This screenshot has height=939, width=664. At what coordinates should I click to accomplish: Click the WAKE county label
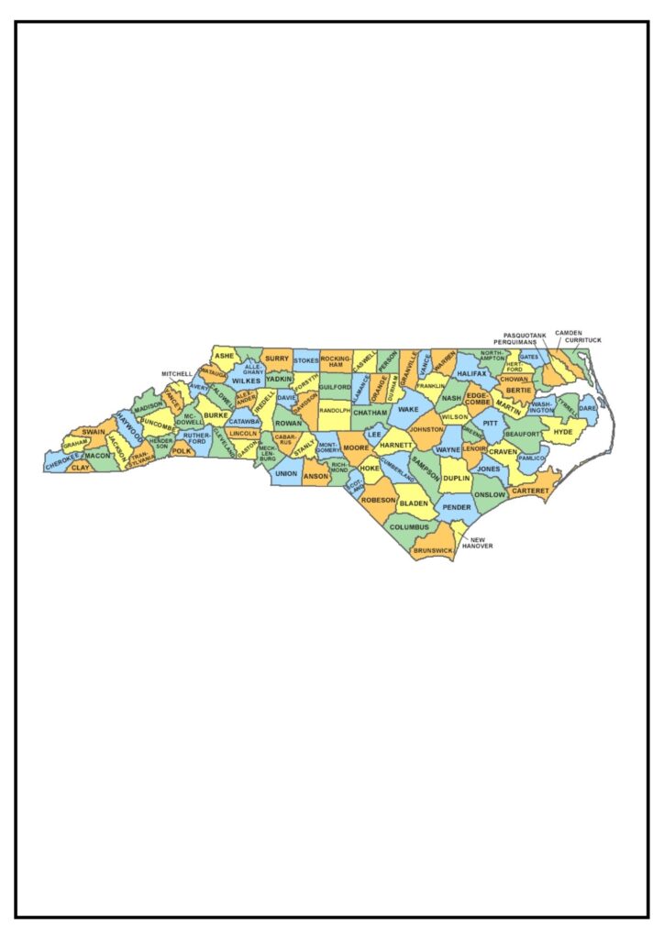tap(408, 410)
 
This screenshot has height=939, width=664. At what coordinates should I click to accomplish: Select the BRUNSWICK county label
tap(433, 549)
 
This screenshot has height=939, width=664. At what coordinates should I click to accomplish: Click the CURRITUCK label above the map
tap(583, 340)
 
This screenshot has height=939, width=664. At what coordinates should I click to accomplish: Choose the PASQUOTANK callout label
tap(526, 336)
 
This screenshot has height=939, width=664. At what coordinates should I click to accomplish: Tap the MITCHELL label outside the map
tap(177, 374)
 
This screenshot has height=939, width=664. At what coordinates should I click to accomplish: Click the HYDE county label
tap(563, 431)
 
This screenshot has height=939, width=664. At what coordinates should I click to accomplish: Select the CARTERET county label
tap(528, 492)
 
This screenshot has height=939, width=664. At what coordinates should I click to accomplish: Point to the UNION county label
tap(286, 474)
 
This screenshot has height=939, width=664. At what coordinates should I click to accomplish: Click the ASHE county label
tap(225, 356)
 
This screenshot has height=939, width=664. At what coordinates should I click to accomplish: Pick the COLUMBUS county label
tap(409, 527)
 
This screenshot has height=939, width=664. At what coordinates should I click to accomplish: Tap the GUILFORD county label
tap(335, 388)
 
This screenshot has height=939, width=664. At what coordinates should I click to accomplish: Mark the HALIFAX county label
tap(470, 374)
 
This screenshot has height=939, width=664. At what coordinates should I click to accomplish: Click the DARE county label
tap(587, 407)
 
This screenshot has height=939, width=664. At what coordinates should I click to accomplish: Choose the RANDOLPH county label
tap(335, 411)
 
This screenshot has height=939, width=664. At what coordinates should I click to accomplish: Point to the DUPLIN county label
tap(456, 479)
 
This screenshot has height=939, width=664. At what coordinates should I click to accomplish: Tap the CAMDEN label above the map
tap(569, 333)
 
